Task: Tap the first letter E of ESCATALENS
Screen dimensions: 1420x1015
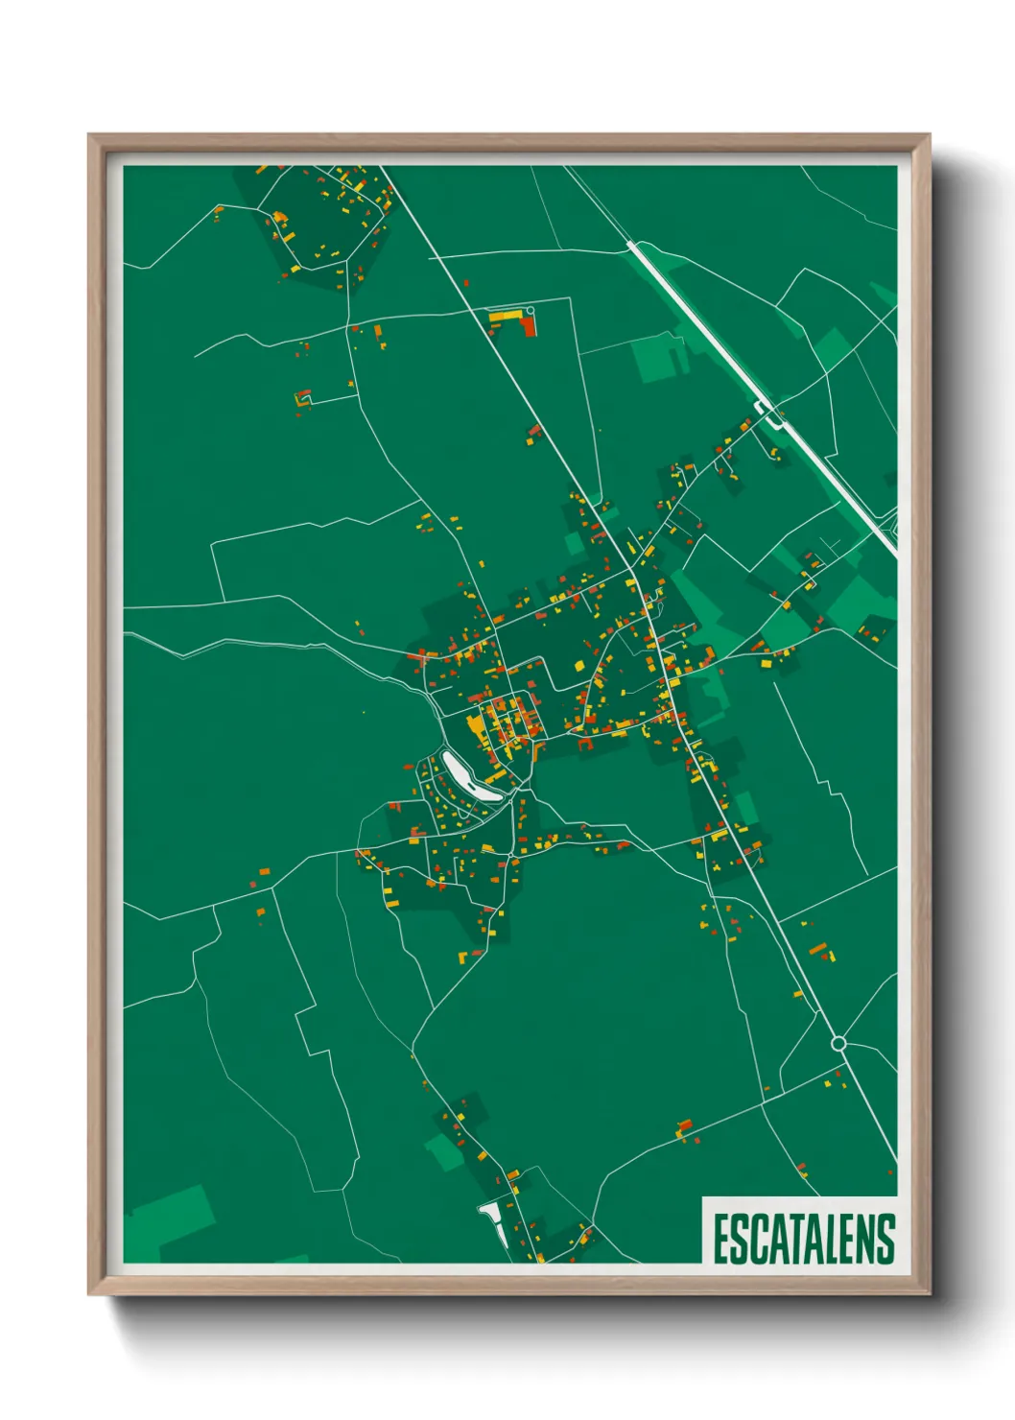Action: pyautogui.click(x=720, y=1239)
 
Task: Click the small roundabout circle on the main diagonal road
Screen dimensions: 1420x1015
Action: pyautogui.click(x=838, y=1043)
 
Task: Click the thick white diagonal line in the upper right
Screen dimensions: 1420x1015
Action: pyautogui.click(x=729, y=355)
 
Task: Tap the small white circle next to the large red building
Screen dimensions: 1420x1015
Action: pyautogui.click(x=529, y=311)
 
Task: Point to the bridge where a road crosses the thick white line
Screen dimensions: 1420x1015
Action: pyautogui.click(x=770, y=414)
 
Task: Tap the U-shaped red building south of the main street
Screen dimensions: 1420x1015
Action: pyautogui.click(x=584, y=741)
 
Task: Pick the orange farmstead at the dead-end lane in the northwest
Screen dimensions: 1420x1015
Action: pyautogui.click(x=303, y=397)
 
